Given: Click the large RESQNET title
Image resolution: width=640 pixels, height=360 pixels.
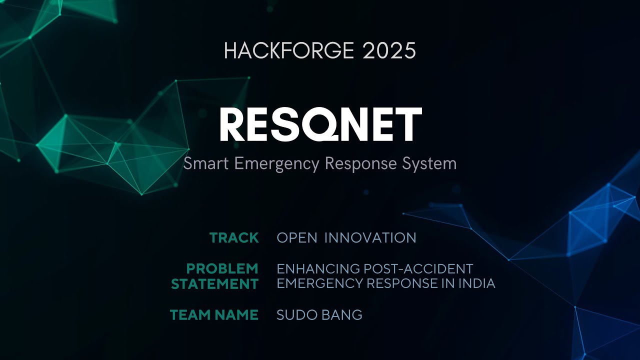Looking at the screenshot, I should [x=320, y=125].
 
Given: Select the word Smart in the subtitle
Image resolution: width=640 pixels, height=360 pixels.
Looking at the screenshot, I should [x=202, y=163].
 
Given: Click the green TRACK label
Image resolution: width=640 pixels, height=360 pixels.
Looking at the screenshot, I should [x=234, y=238].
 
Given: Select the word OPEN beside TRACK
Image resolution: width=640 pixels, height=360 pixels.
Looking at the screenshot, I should [x=297, y=238].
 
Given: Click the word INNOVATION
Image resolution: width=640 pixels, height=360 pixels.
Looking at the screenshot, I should [x=370, y=238].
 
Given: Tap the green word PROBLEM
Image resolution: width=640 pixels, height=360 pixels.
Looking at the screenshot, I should [x=222, y=269].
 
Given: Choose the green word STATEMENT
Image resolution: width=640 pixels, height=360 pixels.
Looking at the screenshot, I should [x=214, y=284].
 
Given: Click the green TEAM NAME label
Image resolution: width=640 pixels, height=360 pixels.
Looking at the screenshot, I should [x=214, y=315].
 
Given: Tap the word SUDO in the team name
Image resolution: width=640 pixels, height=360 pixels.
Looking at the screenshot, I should [x=293, y=315].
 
